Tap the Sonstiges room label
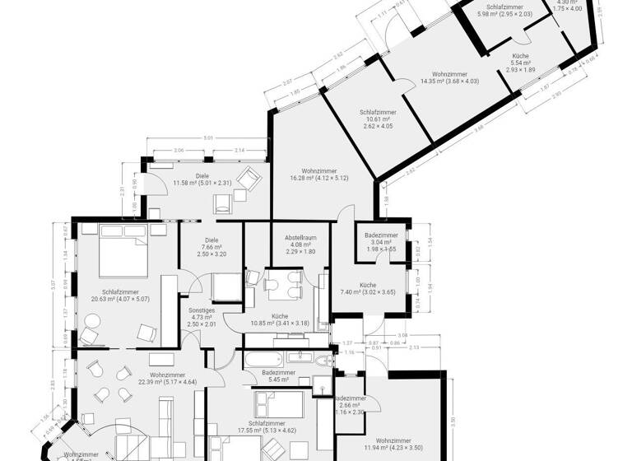tap(201, 316)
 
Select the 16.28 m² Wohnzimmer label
tap(308, 175)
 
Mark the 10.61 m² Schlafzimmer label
tap(378, 119)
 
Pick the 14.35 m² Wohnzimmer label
tap(449, 77)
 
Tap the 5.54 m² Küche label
tap(520, 63)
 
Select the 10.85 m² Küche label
tap(280, 320)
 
